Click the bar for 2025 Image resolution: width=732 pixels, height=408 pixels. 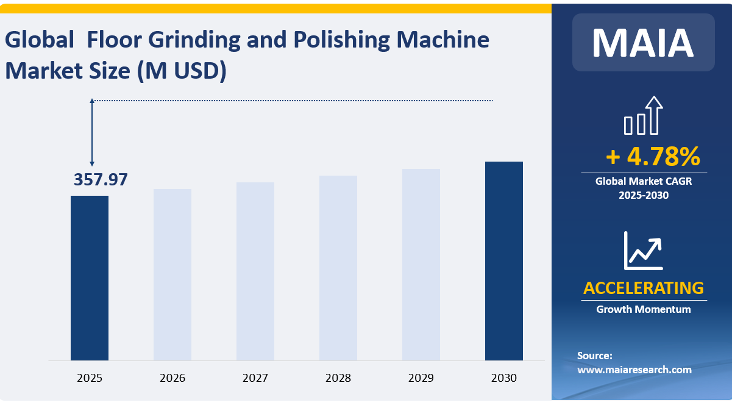[x=90, y=277]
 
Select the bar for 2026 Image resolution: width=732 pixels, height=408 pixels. [x=172, y=274]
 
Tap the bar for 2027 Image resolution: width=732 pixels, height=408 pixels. [x=255, y=271]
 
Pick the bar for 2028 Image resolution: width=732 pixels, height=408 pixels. [x=338, y=268]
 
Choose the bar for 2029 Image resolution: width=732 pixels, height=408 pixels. [x=421, y=264]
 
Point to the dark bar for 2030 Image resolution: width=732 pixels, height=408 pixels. [x=504, y=260]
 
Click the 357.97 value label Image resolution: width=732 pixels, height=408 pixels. [x=101, y=180]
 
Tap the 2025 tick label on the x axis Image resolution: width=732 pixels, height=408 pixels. [x=90, y=378]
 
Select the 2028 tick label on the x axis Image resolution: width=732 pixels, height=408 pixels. [x=338, y=378]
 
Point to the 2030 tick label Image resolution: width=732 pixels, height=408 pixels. [x=504, y=378]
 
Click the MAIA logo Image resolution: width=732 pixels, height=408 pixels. [x=643, y=42]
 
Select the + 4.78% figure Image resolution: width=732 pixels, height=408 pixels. [x=653, y=157]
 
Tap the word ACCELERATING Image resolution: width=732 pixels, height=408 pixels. [x=644, y=288]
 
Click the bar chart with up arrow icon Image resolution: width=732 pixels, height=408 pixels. [x=643, y=116]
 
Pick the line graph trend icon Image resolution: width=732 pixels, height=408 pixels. [x=643, y=251]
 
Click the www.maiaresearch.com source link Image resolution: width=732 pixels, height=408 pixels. [x=634, y=370]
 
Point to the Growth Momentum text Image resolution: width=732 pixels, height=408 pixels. [x=644, y=309]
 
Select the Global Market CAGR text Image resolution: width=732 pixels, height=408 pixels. [x=644, y=181]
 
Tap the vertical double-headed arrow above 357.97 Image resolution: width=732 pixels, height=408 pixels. [x=92, y=132]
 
